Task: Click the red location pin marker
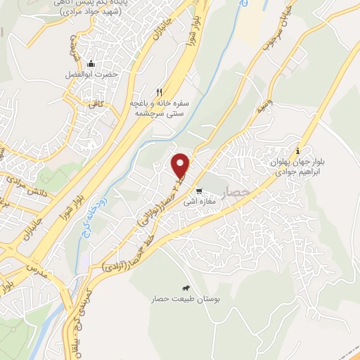(181, 165)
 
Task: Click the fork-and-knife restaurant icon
(160, 92)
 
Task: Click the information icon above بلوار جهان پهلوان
(298, 150)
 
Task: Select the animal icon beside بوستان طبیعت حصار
(185, 288)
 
